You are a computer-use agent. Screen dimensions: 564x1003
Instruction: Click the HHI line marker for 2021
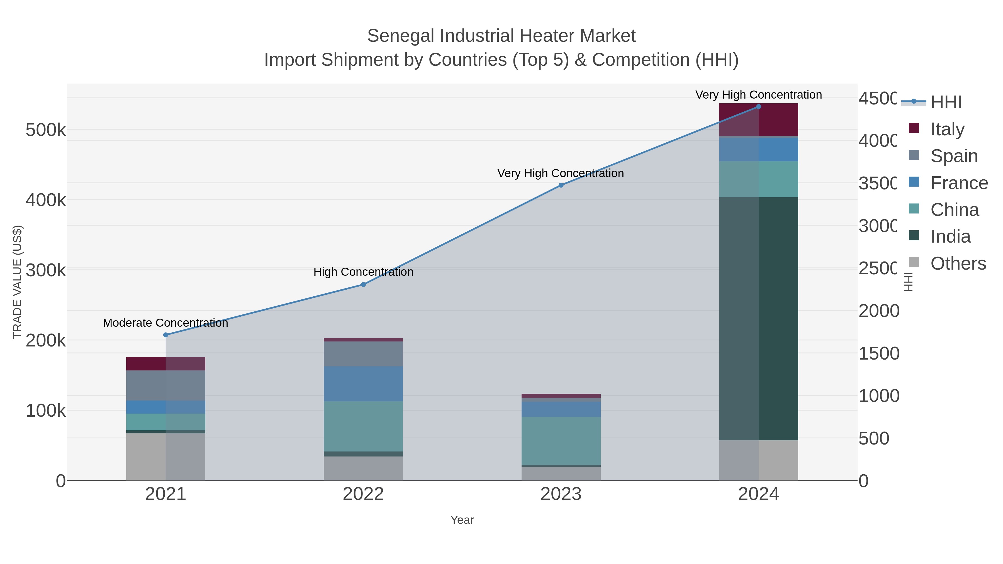pos(165,335)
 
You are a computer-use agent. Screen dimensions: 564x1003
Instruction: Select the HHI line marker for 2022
pos(363,285)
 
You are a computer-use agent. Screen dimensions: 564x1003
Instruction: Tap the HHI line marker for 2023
pos(561,185)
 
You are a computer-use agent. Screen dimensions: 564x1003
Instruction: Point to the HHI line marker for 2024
pos(758,107)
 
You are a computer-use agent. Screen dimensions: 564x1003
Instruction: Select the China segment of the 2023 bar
pos(561,441)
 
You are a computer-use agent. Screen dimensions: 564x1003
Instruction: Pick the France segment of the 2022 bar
pos(363,384)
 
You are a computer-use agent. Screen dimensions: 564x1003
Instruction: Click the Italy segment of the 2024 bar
pos(758,119)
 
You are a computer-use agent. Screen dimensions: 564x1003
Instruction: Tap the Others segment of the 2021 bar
pos(165,456)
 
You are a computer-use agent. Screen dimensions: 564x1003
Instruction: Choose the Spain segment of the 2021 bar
pos(165,385)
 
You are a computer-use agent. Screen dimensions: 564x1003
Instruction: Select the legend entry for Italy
pos(947,129)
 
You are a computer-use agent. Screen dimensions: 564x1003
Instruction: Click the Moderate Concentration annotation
pos(165,323)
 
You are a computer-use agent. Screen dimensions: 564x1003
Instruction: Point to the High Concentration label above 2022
pos(363,272)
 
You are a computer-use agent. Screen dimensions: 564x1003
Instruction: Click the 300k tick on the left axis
pos(46,270)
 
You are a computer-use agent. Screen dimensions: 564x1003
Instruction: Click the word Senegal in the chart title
pos(401,36)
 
